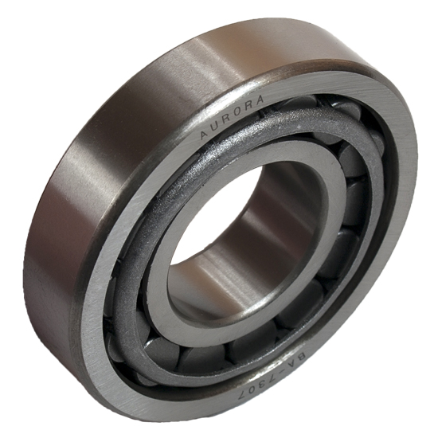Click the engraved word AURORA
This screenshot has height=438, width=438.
point(231,116)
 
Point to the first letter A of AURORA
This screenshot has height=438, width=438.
point(204,134)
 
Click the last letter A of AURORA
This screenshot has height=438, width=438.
point(259,100)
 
